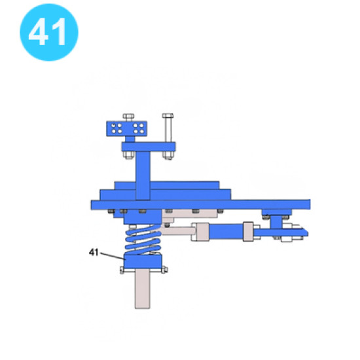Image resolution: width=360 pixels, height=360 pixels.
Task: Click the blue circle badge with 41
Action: coord(49,32)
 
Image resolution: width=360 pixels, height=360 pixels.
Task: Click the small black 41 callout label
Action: coord(94,252)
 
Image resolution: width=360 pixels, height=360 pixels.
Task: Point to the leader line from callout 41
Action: coord(113,256)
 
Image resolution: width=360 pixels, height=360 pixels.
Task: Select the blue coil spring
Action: coord(143,239)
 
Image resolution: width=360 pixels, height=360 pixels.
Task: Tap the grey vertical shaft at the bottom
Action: coord(143,289)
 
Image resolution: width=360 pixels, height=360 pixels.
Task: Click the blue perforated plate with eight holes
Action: coord(126,129)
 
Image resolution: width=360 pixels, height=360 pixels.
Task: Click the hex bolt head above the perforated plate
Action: coord(128,117)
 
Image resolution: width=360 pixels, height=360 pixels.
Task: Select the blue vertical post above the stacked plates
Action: coord(143,175)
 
